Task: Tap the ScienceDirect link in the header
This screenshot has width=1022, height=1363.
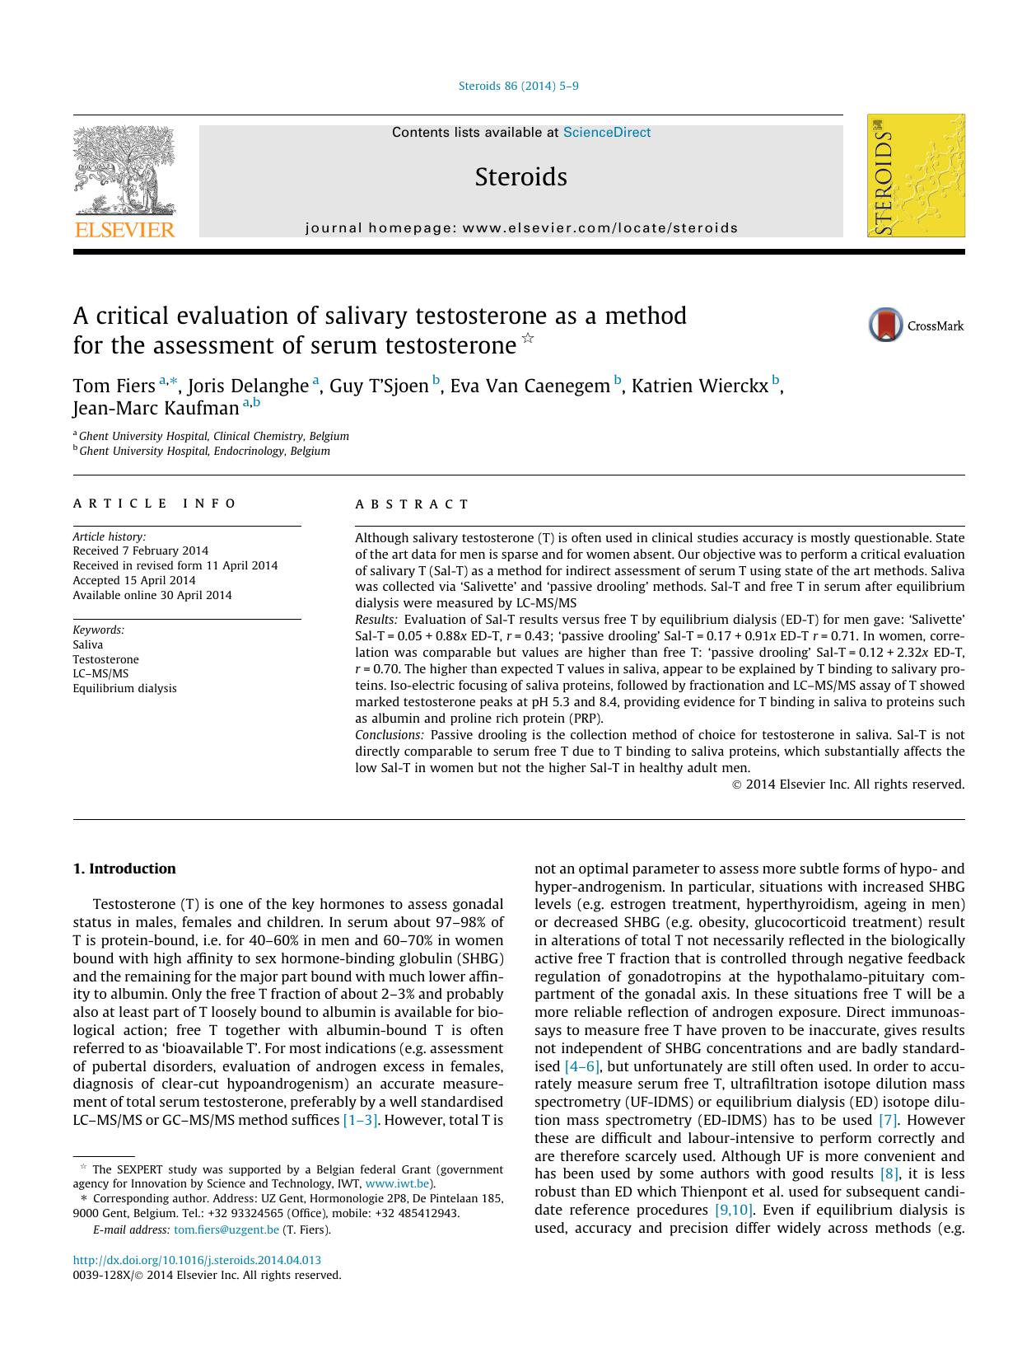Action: coord(606,133)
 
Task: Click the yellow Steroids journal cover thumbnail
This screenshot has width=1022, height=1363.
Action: coord(916,176)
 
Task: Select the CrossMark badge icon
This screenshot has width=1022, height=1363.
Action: coord(887,326)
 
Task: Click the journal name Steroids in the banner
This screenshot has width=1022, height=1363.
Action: coord(520,177)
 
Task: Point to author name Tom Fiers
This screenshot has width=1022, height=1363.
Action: coord(114,386)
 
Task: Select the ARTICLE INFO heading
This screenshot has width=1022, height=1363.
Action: coord(155,504)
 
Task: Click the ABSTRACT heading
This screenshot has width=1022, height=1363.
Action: coord(412,504)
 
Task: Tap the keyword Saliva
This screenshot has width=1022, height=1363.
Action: coord(88,644)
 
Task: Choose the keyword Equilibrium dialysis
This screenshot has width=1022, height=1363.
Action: coord(124,688)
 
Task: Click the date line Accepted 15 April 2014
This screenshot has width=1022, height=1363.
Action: coord(134,580)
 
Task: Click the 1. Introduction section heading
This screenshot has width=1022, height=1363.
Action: coord(124,869)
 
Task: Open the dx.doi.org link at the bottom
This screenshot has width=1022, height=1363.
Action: coord(197,1260)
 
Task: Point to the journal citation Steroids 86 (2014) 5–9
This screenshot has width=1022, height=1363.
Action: coord(518,86)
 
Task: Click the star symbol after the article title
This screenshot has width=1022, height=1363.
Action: coord(528,338)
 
